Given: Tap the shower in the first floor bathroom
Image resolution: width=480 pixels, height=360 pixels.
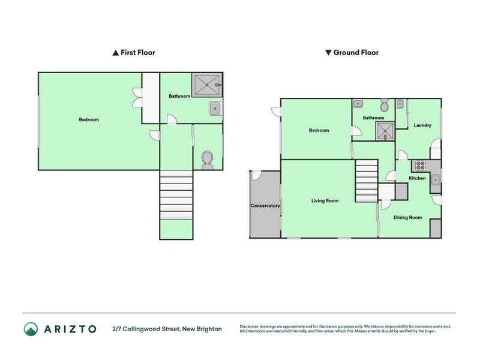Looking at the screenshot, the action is click(x=207, y=85).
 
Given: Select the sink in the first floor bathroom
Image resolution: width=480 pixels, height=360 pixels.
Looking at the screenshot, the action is click(x=215, y=109).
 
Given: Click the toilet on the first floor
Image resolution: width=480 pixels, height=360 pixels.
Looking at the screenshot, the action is click(x=207, y=160).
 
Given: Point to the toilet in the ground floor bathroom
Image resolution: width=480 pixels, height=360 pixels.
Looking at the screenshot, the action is click(x=384, y=105).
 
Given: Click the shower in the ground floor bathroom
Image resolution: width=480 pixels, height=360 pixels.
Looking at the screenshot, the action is click(x=385, y=131).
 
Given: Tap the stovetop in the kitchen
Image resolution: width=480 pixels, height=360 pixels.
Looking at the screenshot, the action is click(x=421, y=166).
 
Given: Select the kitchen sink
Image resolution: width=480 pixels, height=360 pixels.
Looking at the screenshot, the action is click(x=436, y=180).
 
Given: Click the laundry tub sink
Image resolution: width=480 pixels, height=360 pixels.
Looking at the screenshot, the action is click(x=400, y=104).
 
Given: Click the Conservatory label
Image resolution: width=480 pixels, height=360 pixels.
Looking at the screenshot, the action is click(x=265, y=206).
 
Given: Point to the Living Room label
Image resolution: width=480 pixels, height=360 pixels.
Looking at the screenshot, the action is click(x=325, y=201).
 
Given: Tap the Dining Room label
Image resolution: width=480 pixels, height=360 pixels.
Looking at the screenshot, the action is click(x=407, y=217).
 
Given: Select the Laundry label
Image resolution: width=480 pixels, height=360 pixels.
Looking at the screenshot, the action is click(x=422, y=125).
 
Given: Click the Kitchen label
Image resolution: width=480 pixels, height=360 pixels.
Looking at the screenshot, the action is click(x=417, y=178).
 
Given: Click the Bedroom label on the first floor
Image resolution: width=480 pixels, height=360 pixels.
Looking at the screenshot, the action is click(x=89, y=119).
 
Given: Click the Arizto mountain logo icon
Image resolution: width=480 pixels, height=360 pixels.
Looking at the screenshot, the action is click(x=31, y=329).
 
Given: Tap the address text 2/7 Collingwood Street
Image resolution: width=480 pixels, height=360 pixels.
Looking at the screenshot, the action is click(x=146, y=329).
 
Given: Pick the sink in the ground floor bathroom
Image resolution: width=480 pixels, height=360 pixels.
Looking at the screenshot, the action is click(x=358, y=104).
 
